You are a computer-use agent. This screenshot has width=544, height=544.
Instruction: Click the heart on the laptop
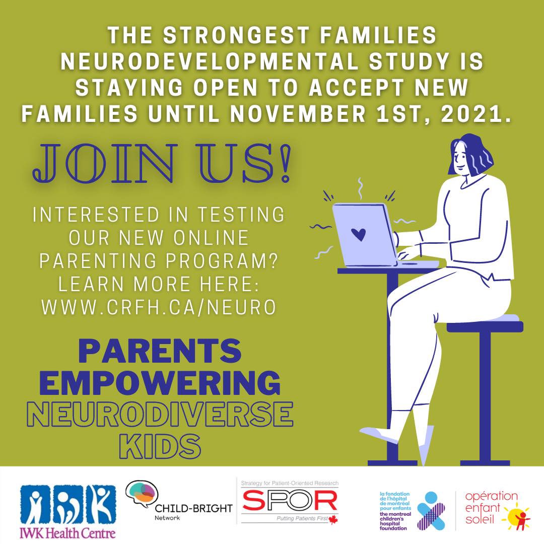tap(358, 234)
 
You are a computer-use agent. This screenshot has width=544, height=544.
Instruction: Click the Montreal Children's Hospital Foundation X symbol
tap(431, 510)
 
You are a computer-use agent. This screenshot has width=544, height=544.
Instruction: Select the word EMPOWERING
tap(160, 384)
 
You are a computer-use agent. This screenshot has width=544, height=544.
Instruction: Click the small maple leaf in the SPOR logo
tap(332, 520)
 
